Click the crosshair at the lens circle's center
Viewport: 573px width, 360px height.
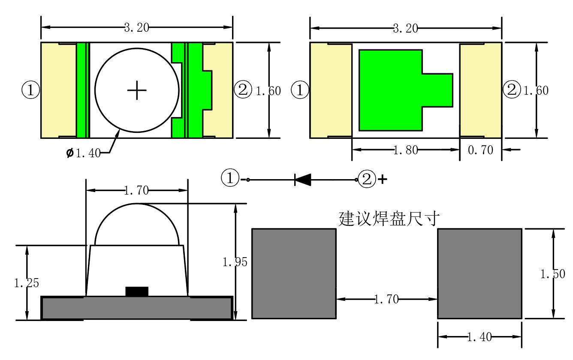coord(137,90)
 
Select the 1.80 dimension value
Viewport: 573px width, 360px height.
coord(405,150)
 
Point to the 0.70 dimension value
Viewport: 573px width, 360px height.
coord(481,150)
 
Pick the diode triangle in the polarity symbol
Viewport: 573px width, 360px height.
coord(303,180)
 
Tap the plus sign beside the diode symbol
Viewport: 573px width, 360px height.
coord(381,180)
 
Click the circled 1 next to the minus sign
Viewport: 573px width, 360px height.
coord(230,178)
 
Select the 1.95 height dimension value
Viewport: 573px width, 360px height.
coord(235,262)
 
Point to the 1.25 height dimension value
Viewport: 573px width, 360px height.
coord(27,283)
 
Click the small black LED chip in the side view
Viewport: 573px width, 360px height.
coord(137,291)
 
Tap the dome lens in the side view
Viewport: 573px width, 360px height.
coord(137,225)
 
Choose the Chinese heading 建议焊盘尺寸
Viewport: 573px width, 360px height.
coord(389,219)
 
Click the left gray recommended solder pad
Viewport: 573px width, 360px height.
coord(294,273)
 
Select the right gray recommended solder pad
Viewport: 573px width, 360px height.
coord(480,273)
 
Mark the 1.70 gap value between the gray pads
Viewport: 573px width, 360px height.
coord(386,299)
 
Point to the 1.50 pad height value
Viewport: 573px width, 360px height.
coord(552,274)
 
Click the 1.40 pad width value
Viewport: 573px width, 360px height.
coord(479,337)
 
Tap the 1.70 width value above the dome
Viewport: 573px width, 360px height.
coord(136,190)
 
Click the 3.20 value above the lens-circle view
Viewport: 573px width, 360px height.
coord(136,28)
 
